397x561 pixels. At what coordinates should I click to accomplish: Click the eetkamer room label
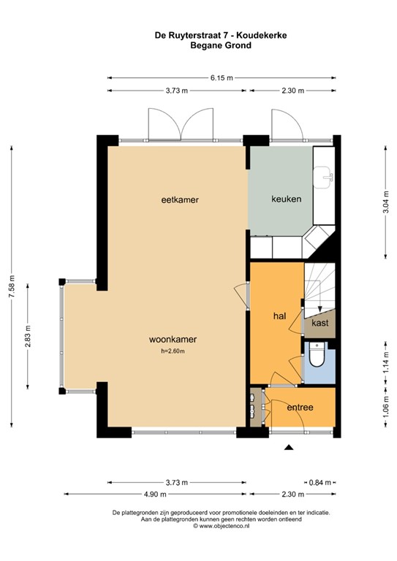point(181,199)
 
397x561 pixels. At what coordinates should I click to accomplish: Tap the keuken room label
point(286,199)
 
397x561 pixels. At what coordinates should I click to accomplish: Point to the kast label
point(320,322)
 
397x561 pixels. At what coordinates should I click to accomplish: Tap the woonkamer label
point(173,340)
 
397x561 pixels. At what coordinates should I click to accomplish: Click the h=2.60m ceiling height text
point(173,351)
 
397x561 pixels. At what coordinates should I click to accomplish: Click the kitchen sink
point(324,174)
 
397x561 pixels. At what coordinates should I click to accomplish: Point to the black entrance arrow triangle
point(290,448)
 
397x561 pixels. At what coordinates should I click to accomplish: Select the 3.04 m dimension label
point(385,199)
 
